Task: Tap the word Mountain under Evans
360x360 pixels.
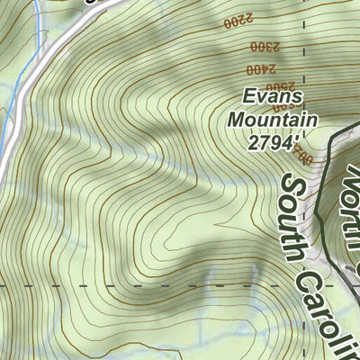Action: [272, 119]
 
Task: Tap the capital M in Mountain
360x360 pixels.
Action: [238, 119]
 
